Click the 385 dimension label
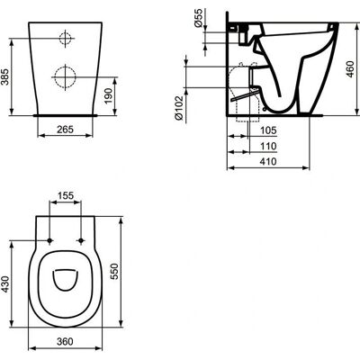pos(5,77)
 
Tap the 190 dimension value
pos(109,95)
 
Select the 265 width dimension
pos(65,130)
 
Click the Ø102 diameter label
pos(179,108)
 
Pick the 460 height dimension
pos(350,69)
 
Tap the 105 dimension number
pos(268,130)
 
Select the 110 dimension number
pos(268,146)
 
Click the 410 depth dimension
pos(268,161)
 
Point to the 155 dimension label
pos(66,195)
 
